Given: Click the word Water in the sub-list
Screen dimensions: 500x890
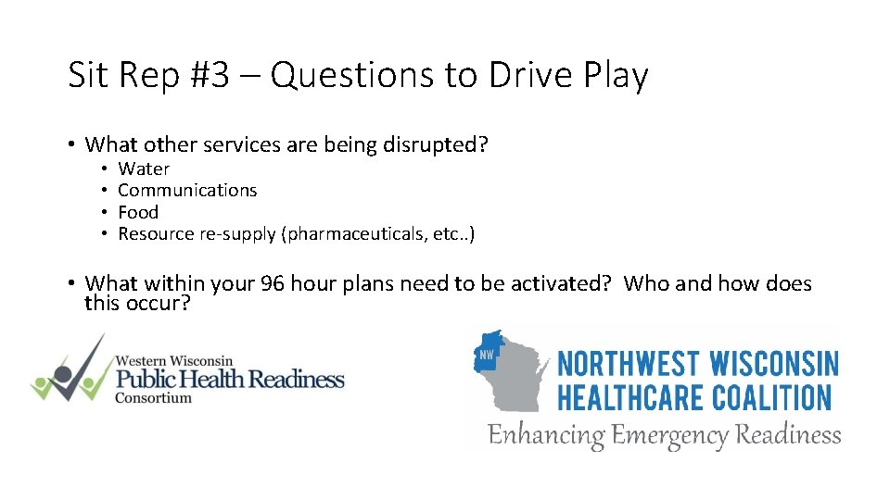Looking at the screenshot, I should pos(144,169).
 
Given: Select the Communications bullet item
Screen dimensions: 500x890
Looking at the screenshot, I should pos(187,190).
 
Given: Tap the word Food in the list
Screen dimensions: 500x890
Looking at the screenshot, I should pos(138,212).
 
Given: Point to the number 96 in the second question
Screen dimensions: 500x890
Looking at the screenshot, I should pos(273,283).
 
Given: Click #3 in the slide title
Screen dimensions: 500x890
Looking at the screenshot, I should pos(210,75).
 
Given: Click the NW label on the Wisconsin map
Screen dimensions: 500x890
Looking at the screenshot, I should pos(487,354).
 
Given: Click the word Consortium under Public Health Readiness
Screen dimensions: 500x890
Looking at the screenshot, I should pos(153,398).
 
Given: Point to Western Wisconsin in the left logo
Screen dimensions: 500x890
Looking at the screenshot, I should pos(174,359).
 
